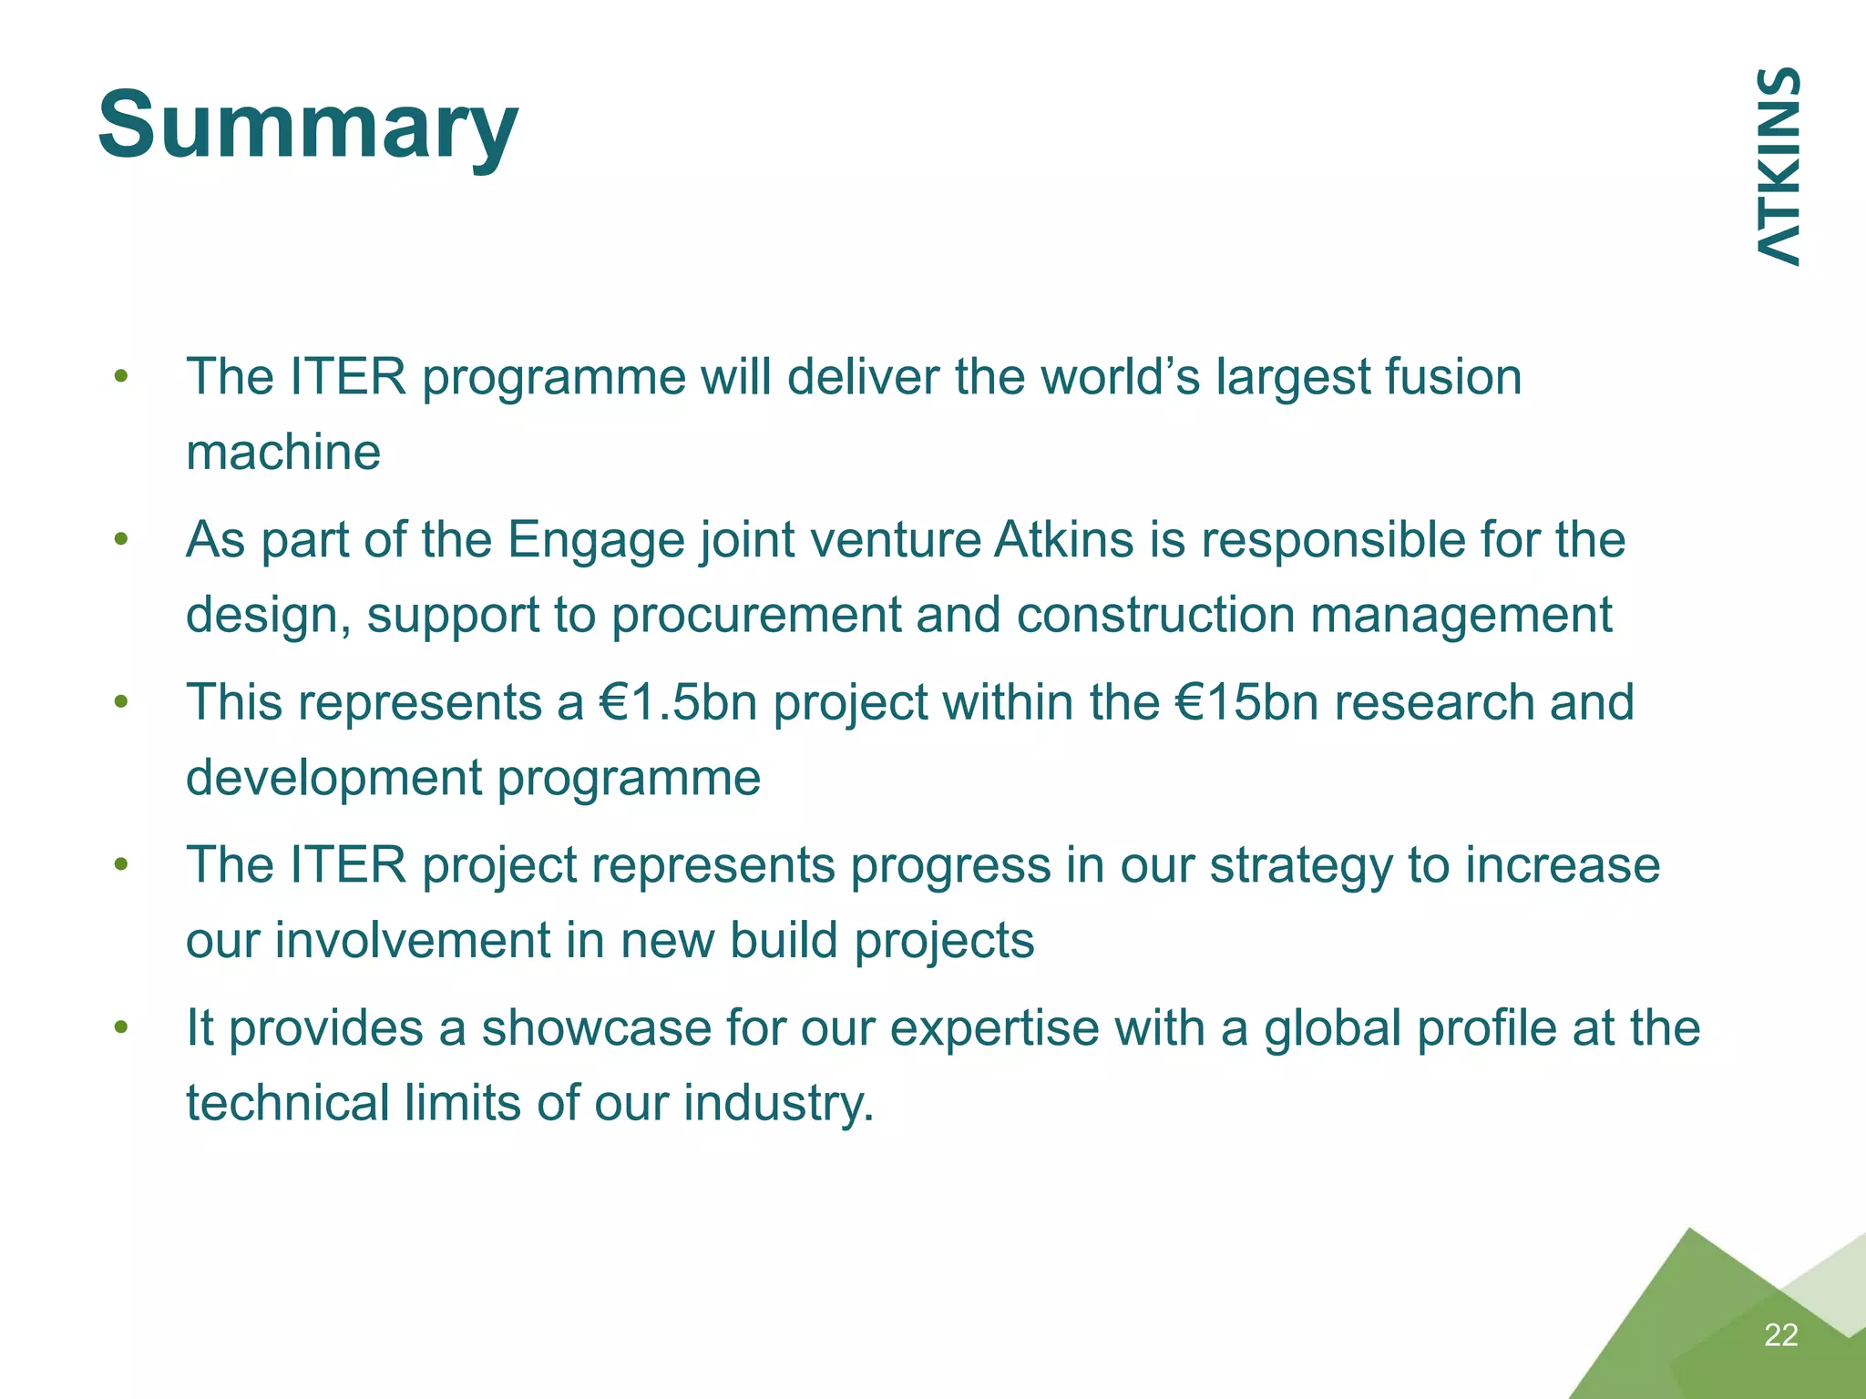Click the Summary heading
[308, 126]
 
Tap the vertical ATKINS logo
[1778, 167]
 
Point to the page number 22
[1780, 1334]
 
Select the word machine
[283, 452]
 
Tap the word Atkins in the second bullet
[1063, 539]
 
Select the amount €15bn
[1247, 702]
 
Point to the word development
[333, 778]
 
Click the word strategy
[1300, 865]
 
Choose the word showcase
[596, 1028]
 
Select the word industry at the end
[778, 1103]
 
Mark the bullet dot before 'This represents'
[121, 702]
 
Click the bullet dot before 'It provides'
[121, 1027]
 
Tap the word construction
[1155, 615]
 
